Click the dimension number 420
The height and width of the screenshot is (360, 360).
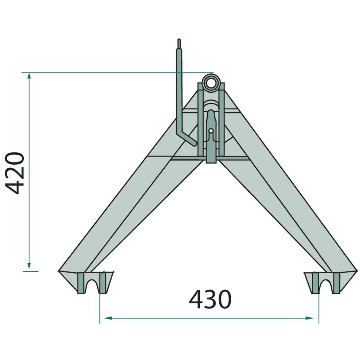click(x=15, y=173)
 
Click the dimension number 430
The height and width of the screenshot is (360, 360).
click(x=210, y=299)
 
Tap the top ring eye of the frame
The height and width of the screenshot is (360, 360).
click(x=211, y=83)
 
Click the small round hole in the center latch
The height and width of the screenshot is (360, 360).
click(x=211, y=131)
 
